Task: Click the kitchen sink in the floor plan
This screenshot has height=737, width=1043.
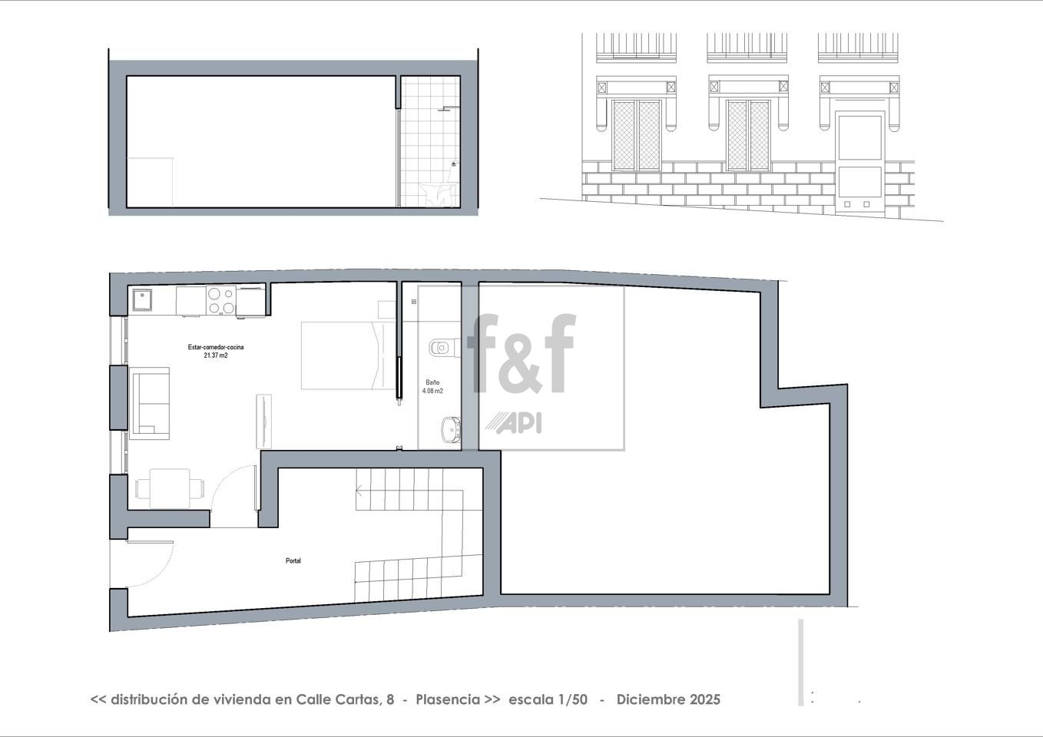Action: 142,299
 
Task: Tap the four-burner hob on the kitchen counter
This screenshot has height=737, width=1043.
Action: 221,300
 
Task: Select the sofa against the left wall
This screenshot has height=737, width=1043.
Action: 149,403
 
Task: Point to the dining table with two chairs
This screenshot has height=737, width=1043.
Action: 170,488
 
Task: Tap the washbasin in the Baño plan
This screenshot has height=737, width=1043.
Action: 450,429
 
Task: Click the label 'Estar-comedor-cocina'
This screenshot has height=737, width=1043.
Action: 216,347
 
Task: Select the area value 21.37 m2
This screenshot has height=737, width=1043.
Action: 216,355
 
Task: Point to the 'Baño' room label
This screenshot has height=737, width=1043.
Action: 432,382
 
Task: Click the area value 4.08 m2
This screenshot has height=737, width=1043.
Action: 432,391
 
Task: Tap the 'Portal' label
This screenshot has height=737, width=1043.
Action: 293,560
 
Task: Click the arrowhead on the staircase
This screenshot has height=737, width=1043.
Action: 359,489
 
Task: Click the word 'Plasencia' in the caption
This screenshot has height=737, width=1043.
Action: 448,699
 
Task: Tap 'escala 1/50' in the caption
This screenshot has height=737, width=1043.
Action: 548,699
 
